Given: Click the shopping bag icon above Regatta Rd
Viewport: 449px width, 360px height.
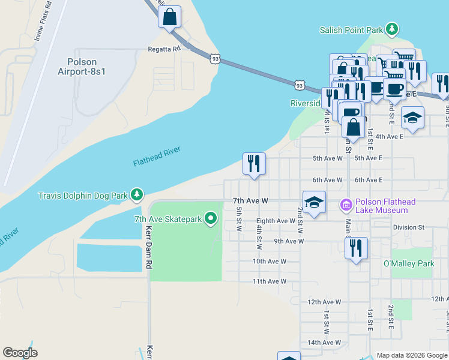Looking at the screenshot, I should pyautogui.click(x=170, y=17).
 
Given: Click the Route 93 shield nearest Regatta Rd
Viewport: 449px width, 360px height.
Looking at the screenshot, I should pyautogui.click(x=215, y=59).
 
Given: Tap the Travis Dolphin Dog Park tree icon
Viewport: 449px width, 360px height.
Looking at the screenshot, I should pyautogui.click(x=137, y=195).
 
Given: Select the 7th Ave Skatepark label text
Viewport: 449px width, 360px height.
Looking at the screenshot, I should pyautogui.click(x=167, y=218).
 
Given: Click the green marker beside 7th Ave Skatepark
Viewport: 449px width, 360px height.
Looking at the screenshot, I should pyautogui.click(x=210, y=218).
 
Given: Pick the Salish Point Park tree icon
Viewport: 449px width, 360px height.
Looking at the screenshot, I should pyautogui.click(x=392, y=29).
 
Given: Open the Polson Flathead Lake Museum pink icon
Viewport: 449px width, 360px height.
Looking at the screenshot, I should pyautogui.click(x=345, y=206).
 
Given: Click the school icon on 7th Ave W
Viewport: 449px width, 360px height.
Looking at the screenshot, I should pyautogui.click(x=314, y=203).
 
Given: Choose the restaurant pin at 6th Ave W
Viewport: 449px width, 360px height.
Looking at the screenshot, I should pyautogui.click(x=254, y=163).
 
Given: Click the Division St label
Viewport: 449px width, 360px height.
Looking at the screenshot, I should pyautogui.click(x=408, y=227).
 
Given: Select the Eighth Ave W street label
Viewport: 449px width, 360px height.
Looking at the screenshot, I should pyautogui.click(x=276, y=221).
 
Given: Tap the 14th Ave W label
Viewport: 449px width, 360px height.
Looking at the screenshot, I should pyautogui.click(x=324, y=343).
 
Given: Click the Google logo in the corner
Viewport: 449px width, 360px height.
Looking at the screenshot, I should pyautogui.click(x=20, y=353).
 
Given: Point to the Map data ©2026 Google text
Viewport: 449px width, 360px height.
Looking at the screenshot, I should pyautogui.click(x=411, y=355).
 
